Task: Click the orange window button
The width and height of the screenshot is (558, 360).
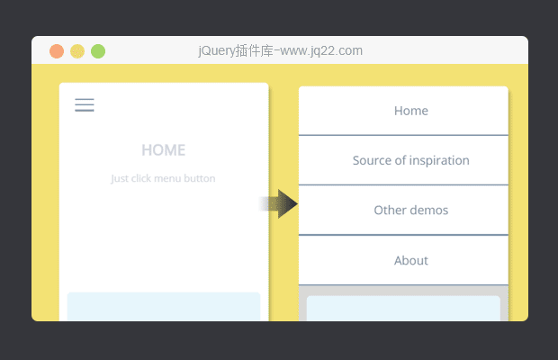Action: (x=57, y=51)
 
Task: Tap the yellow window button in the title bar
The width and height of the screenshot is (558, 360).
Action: (x=77, y=51)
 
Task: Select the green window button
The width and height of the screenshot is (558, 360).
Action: (x=98, y=51)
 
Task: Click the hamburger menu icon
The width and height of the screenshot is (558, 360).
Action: (x=85, y=105)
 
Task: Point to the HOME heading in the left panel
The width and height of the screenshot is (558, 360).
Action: (x=163, y=150)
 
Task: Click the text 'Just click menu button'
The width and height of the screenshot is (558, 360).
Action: (x=163, y=178)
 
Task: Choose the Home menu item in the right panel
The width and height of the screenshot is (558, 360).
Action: (x=411, y=111)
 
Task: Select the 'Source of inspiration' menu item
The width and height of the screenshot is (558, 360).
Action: (x=411, y=160)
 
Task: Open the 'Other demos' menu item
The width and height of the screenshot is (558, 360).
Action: (x=411, y=211)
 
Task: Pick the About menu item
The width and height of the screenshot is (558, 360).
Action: (x=411, y=260)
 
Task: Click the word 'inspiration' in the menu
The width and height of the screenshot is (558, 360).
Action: (x=439, y=160)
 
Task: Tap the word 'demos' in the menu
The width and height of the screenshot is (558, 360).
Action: (x=429, y=211)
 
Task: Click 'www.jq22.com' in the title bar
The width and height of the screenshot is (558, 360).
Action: (x=321, y=51)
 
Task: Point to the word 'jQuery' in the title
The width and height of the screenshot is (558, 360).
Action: (x=216, y=51)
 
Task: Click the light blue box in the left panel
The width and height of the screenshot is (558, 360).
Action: (x=164, y=307)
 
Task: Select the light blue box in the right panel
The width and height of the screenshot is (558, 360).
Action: (x=403, y=309)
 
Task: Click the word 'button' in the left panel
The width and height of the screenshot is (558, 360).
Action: (x=200, y=178)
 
